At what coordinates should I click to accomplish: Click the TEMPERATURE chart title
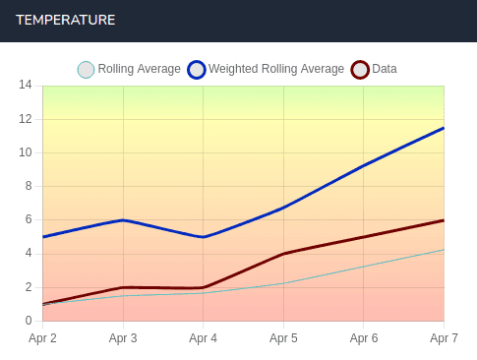pyautogui.click(x=65, y=20)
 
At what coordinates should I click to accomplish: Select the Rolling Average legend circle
pyautogui.click(x=86, y=70)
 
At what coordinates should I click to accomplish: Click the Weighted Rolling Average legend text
pyautogui.click(x=276, y=70)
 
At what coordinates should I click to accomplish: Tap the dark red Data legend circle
pyautogui.click(x=360, y=70)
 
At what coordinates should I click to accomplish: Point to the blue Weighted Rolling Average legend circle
pyautogui.click(x=197, y=70)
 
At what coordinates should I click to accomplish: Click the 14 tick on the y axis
pyautogui.click(x=25, y=86)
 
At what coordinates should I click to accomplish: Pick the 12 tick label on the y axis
pyautogui.click(x=25, y=119)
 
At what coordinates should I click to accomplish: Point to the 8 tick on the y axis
pyautogui.click(x=28, y=186)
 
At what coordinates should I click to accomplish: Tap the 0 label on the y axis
pyautogui.click(x=28, y=321)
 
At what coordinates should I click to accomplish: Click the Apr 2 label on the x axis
pyautogui.click(x=42, y=339)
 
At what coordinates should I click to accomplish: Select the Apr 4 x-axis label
pyautogui.click(x=203, y=339)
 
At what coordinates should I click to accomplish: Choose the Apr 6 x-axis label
pyautogui.click(x=363, y=339)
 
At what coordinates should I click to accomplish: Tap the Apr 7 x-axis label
pyautogui.click(x=443, y=339)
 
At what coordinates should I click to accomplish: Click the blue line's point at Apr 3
pyautogui.click(x=123, y=220)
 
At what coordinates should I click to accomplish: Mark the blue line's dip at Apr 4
pyautogui.click(x=203, y=237)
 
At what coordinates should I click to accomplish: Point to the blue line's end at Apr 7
pyautogui.click(x=443, y=128)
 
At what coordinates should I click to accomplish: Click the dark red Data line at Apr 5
pyautogui.click(x=283, y=254)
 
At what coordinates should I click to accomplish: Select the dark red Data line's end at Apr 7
pyautogui.click(x=443, y=220)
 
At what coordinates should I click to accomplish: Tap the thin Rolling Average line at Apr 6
pyautogui.click(x=363, y=267)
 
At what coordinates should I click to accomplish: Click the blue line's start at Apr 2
pyautogui.click(x=43, y=237)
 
